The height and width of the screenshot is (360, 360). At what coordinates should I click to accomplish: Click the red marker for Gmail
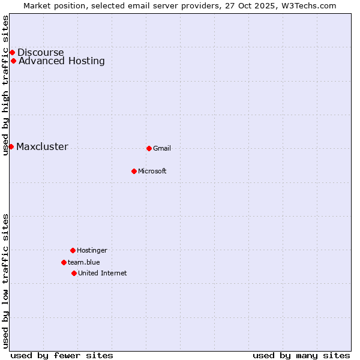point(149,148)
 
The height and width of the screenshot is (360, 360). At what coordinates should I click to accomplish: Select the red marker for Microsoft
point(134,171)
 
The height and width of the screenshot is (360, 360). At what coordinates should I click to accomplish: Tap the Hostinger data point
point(73,250)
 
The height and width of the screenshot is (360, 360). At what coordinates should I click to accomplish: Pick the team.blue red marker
point(64,262)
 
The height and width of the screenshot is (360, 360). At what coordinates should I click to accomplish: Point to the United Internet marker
point(74,273)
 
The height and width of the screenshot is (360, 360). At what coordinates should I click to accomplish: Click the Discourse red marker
point(12,52)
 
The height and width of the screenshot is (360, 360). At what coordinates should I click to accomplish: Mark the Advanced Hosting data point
point(13,61)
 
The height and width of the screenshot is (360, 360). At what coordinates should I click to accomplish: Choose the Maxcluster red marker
point(11,146)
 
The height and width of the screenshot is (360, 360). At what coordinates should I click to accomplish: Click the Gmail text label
point(162,148)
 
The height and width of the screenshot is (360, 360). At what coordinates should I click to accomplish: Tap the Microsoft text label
point(152,171)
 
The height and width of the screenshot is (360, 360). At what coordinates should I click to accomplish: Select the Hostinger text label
point(92,250)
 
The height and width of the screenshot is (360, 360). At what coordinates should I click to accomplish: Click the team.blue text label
point(84,262)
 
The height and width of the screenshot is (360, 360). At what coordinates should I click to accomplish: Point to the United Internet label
point(103,273)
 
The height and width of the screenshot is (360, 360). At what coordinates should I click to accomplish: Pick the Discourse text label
point(40,52)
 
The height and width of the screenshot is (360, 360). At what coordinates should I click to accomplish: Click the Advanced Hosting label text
point(62,61)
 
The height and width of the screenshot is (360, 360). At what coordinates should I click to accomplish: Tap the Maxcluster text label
point(42,147)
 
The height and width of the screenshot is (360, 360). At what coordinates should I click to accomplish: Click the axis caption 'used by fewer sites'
point(62,355)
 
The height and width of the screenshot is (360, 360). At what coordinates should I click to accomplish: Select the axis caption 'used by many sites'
point(301,355)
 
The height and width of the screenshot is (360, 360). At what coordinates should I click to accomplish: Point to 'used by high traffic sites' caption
point(5,85)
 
